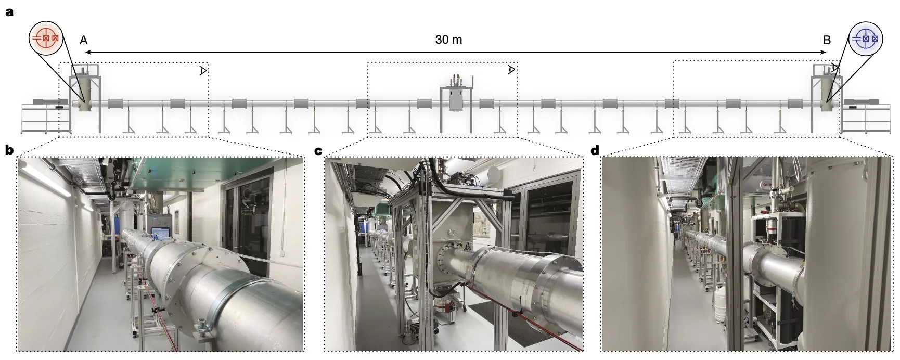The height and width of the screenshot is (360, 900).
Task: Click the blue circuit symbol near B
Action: pyautogui.click(x=865, y=38)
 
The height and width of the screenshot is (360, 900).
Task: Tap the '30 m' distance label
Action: pyautogui.click(x=448, y=40)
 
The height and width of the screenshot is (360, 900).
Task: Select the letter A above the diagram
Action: pyautogui.click(x=83, y=40)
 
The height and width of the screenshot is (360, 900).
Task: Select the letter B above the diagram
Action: pyautogui.click(x=827, y=40)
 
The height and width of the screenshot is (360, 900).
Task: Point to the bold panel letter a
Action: pyautogui.click(x=9, y=12)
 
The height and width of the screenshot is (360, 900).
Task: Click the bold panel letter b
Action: pyautogui.click(x=9, y=151)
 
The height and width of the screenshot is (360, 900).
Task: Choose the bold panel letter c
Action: pyautogui.click(x=319, y=151)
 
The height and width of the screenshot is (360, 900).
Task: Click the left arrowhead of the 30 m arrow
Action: pyautogui.click(x=88, y=52)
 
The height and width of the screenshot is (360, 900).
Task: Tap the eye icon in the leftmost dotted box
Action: pyautogui.click(x=203, y=71)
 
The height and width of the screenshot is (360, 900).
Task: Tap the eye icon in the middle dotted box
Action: pyautogui.click(x=512, y=70)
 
